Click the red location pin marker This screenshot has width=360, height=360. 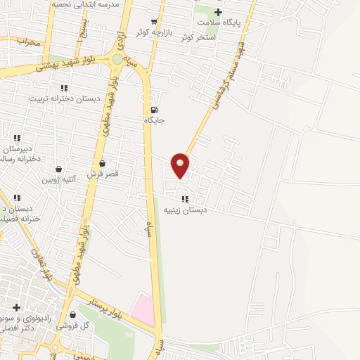click(180, 165)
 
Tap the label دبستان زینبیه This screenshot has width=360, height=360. click(184, 210)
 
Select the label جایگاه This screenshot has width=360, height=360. click(154, 120)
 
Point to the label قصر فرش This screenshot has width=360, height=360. click(103, 173)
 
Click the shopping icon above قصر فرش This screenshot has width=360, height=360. click(103, 163)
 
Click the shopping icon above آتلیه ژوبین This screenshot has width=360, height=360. click(58, 169)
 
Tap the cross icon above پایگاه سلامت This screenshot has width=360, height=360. click(218, 12)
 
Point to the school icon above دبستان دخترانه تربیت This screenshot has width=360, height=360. click(64, 88)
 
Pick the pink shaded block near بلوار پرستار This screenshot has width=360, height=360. click(143, 310)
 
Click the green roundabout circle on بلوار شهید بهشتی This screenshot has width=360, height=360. click(117, 60)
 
